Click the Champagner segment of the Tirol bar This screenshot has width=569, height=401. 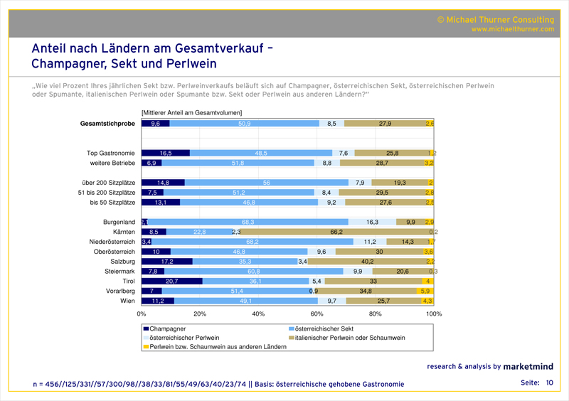171,281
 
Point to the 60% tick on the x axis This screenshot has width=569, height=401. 317,314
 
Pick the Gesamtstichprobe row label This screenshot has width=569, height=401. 106,124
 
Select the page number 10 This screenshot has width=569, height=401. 549,383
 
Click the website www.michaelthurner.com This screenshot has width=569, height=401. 512,29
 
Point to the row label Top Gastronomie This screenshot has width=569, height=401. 111,153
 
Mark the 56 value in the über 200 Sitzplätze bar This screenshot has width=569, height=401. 266,183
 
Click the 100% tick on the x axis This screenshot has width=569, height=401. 433,314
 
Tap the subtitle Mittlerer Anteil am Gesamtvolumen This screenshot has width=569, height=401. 192,112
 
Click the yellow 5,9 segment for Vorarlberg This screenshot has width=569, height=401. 425,292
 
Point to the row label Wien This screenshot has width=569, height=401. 127,301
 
